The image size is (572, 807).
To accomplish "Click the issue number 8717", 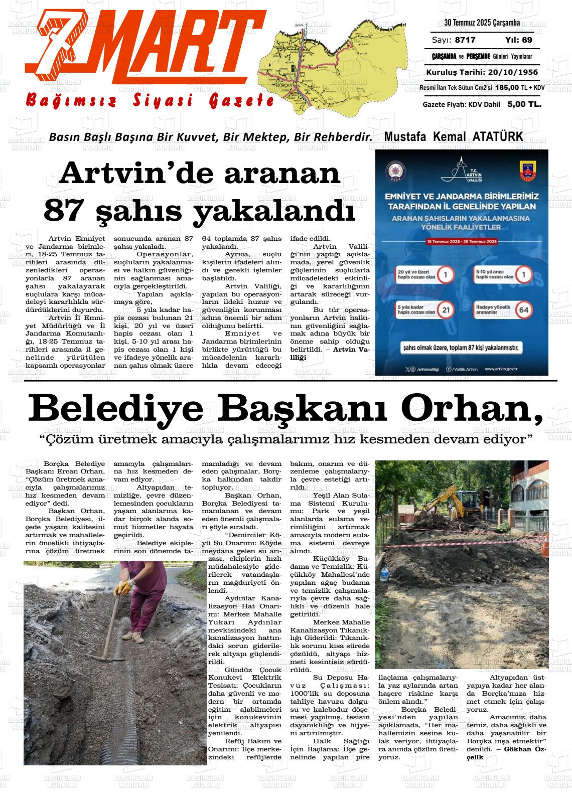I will (x=465, y=40).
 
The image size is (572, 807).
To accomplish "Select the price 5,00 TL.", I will (x=524, y=104).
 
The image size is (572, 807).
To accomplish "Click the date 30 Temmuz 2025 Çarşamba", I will (x=482, y=23).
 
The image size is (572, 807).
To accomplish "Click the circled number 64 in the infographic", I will (x=523, y=310).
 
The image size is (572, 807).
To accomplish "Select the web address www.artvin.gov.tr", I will (x=501, y=369).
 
